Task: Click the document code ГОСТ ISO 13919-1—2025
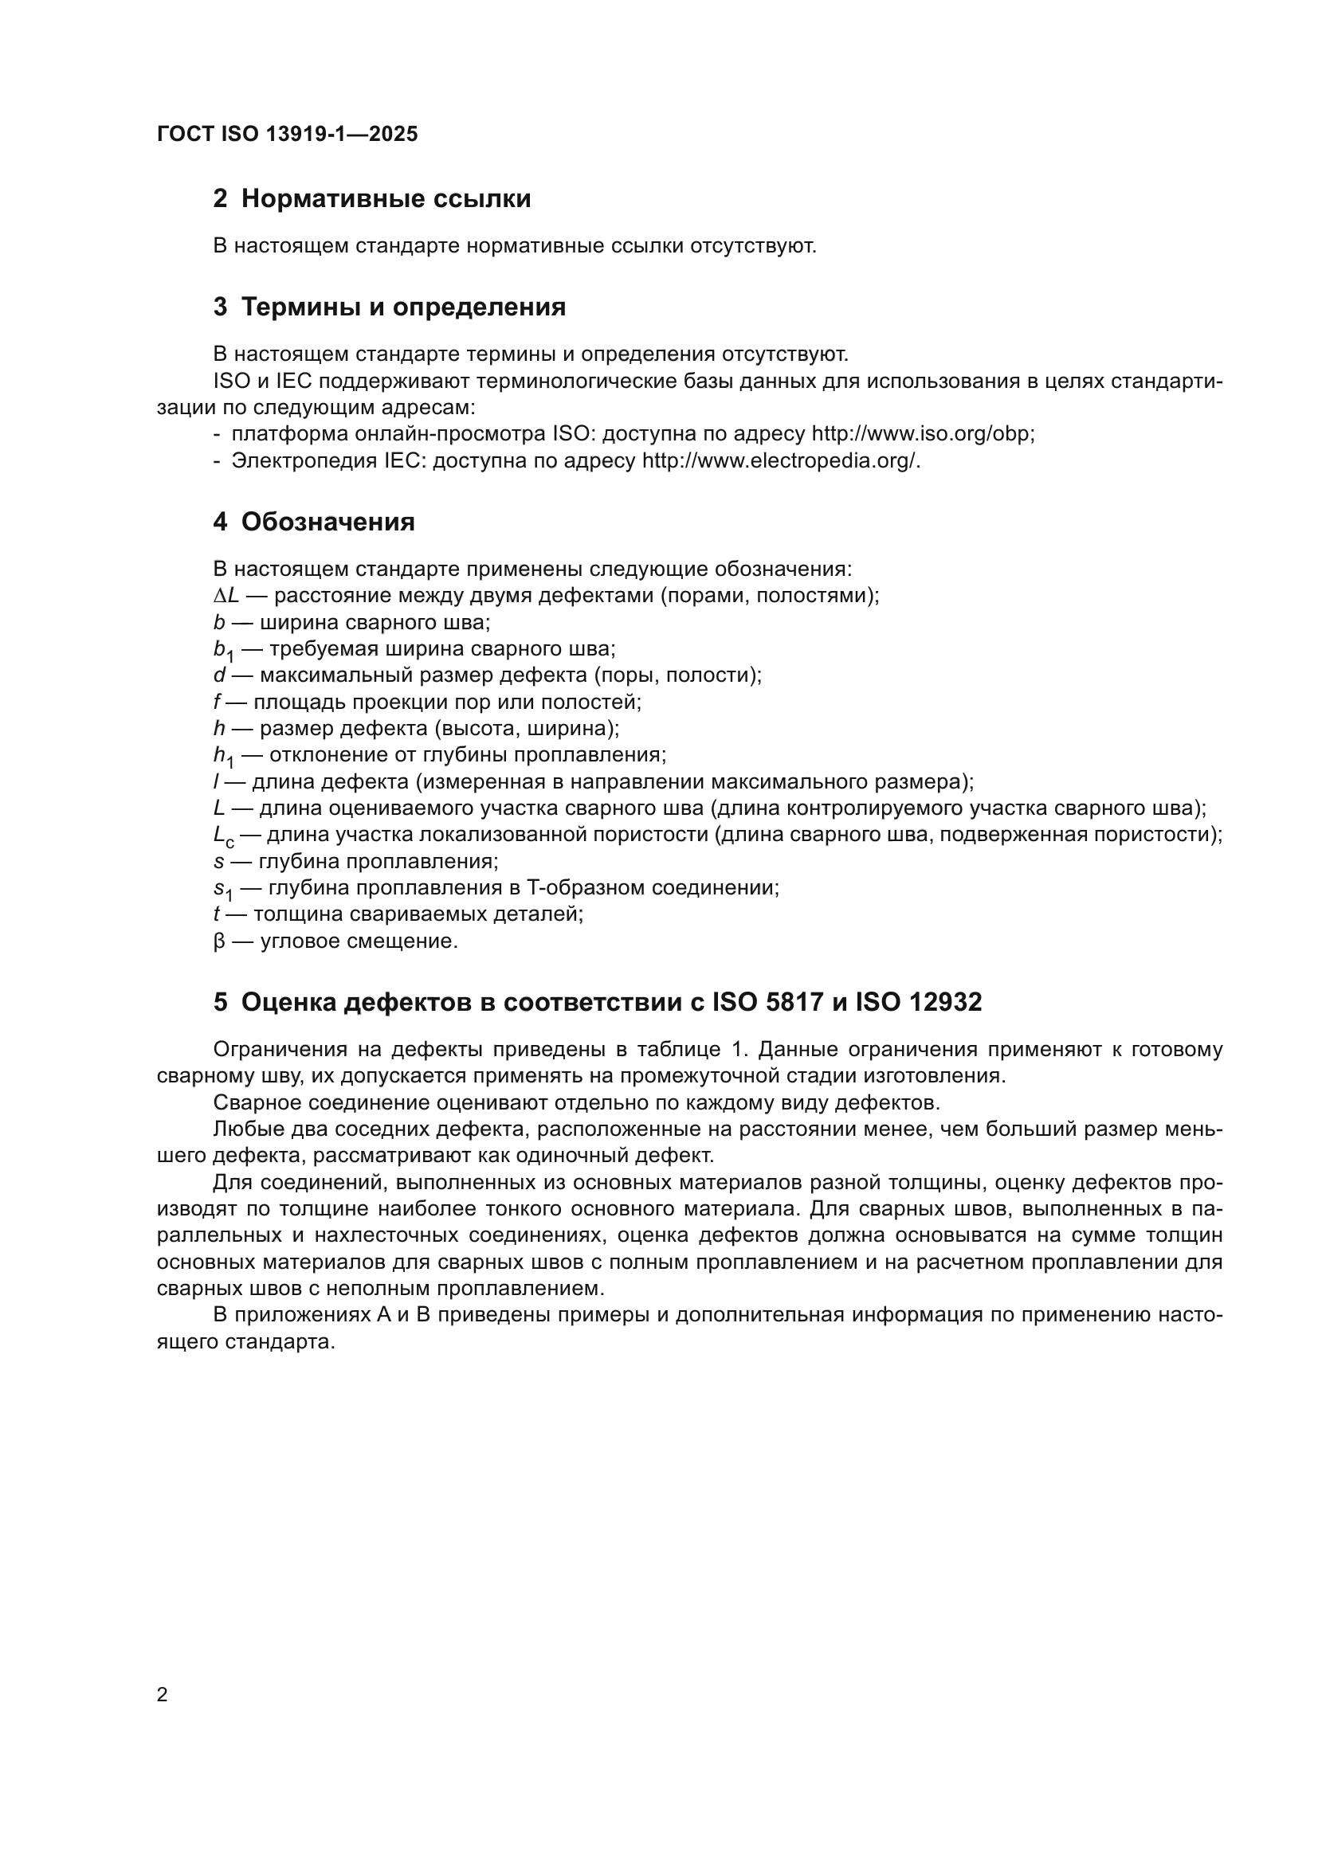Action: (x=288, y=134)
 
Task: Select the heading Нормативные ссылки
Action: (x=386, y=199)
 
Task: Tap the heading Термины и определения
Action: (x=403, y=307)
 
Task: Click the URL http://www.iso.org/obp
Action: (x=923, y=434)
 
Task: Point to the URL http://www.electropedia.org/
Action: (x=781, y=461)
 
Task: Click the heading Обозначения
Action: (x=327, y=522)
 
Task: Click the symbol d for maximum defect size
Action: (x=219, y=675)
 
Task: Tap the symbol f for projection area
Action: (x=217, y=702)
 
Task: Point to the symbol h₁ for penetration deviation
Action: (x=223, y=756)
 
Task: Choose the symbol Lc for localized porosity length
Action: (x=223, y=836)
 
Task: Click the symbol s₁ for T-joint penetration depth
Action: (x=222, y=890)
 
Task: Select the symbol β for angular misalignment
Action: (x=219, y=942)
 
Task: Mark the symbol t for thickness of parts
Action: (x=217, y=914)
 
